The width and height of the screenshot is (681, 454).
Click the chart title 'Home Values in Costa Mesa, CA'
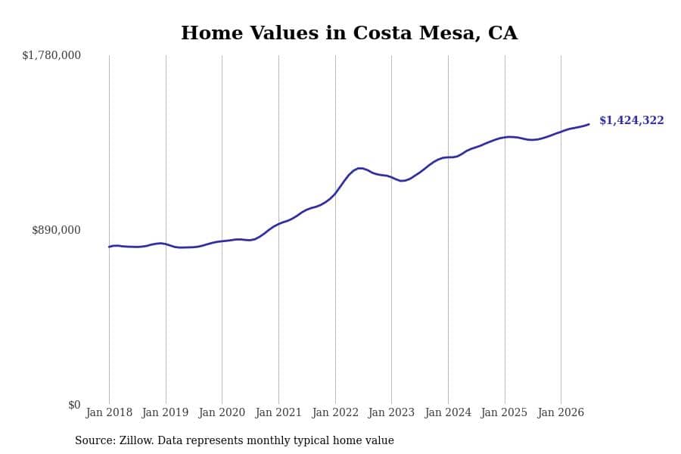349,33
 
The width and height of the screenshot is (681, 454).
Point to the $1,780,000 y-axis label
51,55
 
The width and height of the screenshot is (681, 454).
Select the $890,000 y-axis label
56,230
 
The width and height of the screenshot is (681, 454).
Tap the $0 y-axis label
74,405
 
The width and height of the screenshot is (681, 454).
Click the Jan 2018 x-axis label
109,412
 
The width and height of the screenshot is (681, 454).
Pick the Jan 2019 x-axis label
165,412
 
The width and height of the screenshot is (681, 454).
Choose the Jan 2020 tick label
222,412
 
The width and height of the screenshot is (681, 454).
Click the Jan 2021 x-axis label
278,412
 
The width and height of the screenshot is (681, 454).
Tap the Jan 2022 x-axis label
335,412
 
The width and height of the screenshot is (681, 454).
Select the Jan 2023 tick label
391,412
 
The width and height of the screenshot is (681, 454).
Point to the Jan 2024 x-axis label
448,412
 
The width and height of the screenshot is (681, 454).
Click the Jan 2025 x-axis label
504,412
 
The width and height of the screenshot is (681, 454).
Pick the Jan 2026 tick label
561,412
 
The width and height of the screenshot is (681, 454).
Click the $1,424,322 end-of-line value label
632,120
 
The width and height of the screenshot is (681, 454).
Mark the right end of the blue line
589,124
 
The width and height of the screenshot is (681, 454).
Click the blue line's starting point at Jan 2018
109,247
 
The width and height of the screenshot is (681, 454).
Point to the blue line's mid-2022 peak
359,168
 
